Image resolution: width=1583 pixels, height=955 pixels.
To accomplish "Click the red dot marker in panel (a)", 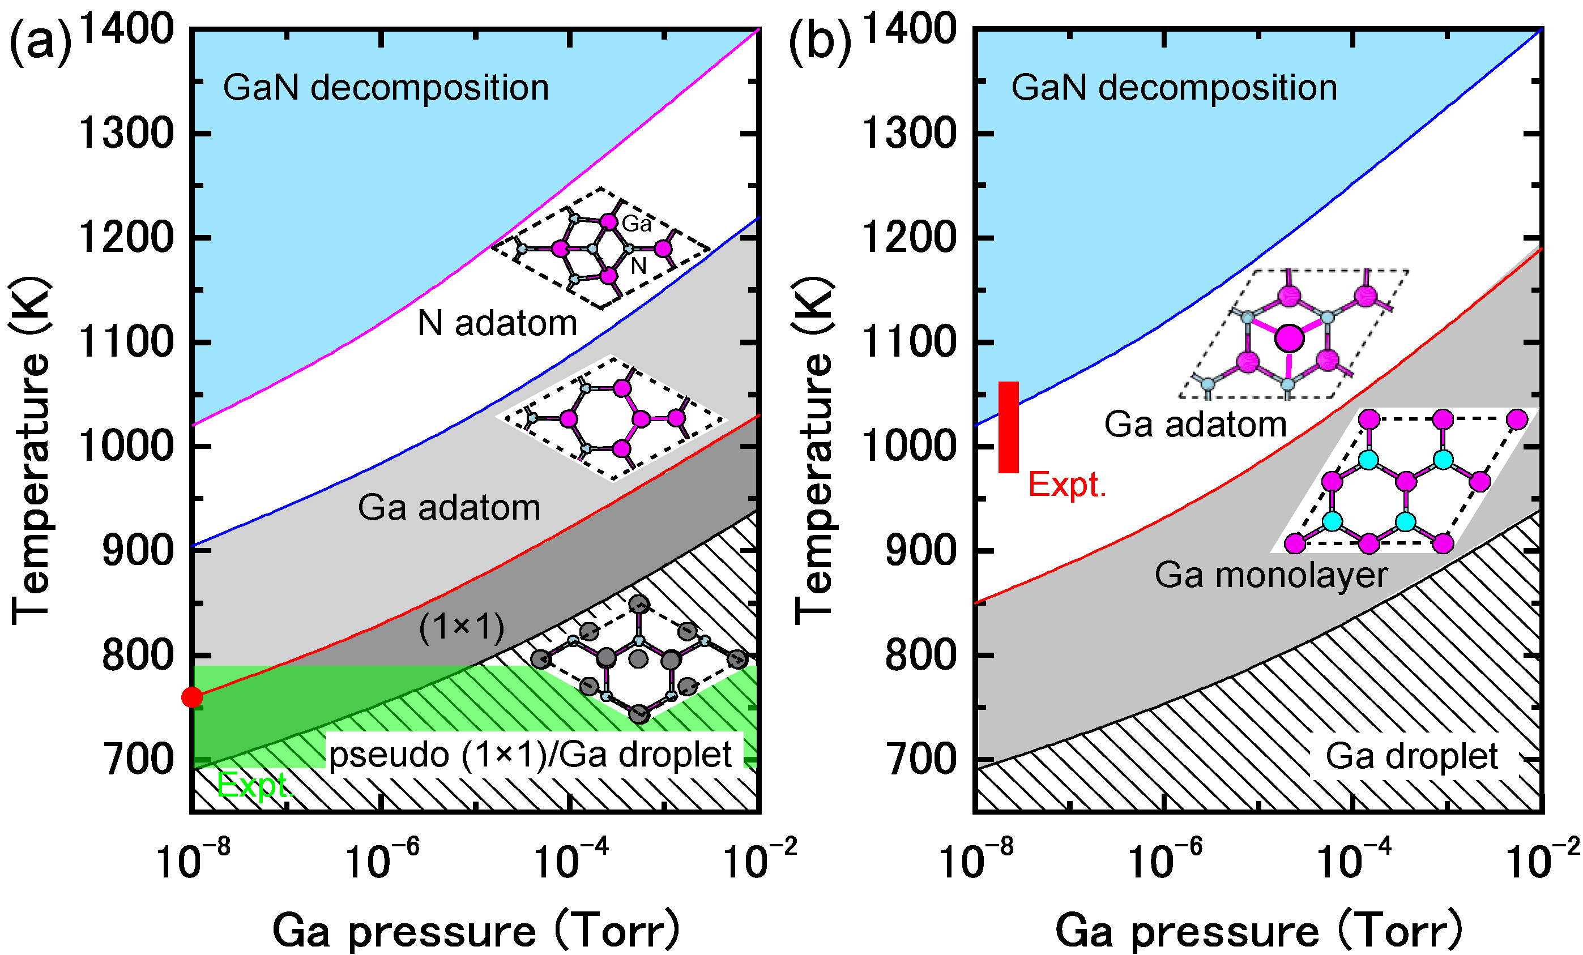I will pos(191,697).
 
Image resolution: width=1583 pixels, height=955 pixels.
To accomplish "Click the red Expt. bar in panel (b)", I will pos(1008,427).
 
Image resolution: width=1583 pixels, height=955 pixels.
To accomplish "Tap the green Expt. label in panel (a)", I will pos(254,785).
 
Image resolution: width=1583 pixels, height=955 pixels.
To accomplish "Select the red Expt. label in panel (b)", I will pos(1067,485).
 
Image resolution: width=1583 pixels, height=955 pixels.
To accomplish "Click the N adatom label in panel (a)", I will pos(497,323).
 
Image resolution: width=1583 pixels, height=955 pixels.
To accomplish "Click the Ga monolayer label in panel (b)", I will pos(1271,575).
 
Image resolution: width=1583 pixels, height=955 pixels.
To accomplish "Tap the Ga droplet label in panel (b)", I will pos(1411,756).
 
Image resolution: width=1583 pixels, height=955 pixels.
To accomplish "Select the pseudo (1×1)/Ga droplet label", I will pos(531,755).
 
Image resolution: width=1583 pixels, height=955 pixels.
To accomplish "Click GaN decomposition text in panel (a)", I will pos(386,88).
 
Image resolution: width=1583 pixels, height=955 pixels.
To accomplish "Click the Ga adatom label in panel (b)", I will pos(1195,425).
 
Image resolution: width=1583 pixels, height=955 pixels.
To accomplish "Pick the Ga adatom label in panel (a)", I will pos(449,508).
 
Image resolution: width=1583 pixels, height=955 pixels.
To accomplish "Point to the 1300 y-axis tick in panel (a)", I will pos(126,134).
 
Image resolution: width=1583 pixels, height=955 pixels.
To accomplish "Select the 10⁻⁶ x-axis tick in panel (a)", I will pos(382,859).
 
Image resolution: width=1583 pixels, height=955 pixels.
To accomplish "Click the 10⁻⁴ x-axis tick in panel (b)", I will pos(1354,859).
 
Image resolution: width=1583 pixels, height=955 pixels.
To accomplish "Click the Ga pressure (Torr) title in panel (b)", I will pos(1258,931).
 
